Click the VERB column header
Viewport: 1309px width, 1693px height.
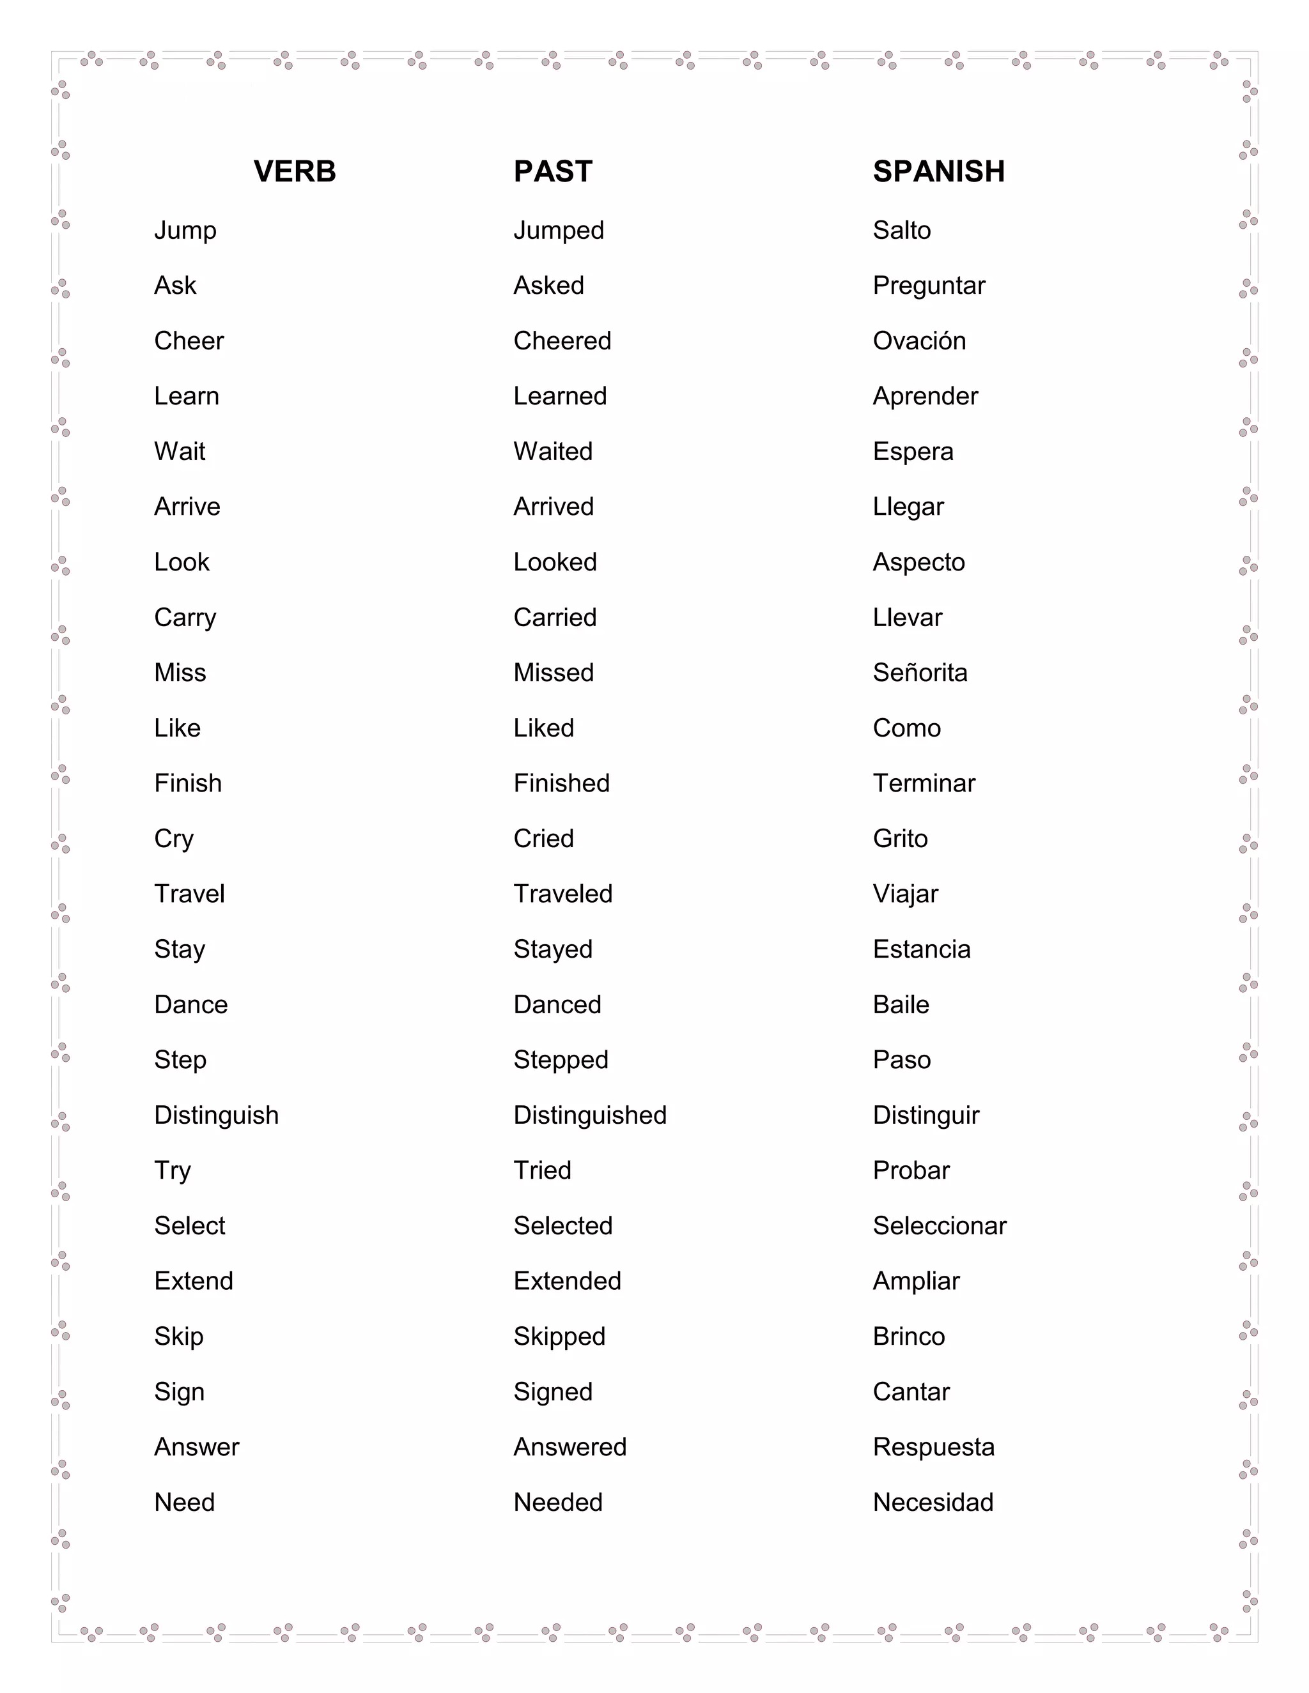point(295,171)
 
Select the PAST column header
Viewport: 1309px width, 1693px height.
point(553,171)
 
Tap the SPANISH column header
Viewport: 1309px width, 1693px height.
point(938,171)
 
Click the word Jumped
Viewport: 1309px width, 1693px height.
point(559,230)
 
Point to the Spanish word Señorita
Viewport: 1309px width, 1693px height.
point(920,673)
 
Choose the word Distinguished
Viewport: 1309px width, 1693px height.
point(589,1115)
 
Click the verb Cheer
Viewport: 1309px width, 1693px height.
point(189,341)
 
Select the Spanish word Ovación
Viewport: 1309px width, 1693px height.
point(919,341)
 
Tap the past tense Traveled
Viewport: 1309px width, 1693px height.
point(562,894)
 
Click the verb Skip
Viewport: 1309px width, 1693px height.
point(178,1337)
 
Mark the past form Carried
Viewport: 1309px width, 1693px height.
point(554,618)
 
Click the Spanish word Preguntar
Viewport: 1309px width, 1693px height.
point(928,286)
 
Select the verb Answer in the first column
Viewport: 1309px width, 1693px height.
point(196,1447)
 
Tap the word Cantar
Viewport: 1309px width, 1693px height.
point(910,1392)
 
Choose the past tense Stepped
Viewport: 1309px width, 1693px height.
point(561,1060)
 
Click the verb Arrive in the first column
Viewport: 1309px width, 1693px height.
point(187,507)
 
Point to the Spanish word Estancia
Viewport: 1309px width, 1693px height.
point(921,949)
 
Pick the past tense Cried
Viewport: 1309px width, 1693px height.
point(543,839)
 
